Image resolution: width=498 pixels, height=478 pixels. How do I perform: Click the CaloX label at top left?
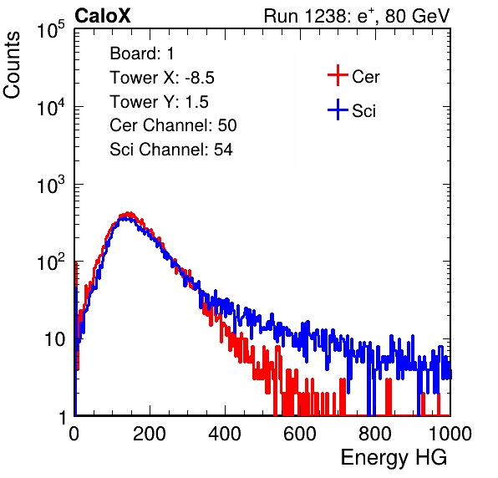[x=103, y=16]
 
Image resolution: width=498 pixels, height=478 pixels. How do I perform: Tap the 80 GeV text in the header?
[x=417, y=16]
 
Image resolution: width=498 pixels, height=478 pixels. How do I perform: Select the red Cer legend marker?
[x=338, y=75]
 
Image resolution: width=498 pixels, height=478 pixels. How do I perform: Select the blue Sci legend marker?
[x=338, y=109]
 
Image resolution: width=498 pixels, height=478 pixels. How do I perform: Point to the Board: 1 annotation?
[x=142, y=53]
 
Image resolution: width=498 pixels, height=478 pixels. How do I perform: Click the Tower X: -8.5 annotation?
[x=162, y=78]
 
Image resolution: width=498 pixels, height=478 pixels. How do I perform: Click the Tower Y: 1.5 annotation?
[x=159, y=102]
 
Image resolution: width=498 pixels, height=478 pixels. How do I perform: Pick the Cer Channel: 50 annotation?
[x=173, y=125]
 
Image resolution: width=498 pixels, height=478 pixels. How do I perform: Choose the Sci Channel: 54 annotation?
[x=171, y=150]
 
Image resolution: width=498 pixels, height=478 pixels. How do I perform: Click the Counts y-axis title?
[x=12, y=64]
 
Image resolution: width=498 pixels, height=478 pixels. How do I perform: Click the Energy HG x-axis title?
[x=394, y=458]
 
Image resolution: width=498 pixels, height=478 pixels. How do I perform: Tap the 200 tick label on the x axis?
[x=150, y=434]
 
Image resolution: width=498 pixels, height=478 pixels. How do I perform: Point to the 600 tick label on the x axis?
[x=300, y=434]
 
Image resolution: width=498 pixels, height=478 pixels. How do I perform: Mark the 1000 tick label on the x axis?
[x=450, y=434]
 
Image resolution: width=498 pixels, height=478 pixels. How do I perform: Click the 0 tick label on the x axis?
[x=74, y=434]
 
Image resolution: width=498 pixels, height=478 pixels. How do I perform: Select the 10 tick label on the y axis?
[x=55, y=339]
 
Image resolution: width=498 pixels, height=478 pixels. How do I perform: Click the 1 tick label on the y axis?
[x=62, y=417]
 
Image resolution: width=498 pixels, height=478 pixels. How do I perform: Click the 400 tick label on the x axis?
[x=225, y=434]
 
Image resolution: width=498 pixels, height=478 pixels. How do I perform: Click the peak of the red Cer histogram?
[x=128, y=213]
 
